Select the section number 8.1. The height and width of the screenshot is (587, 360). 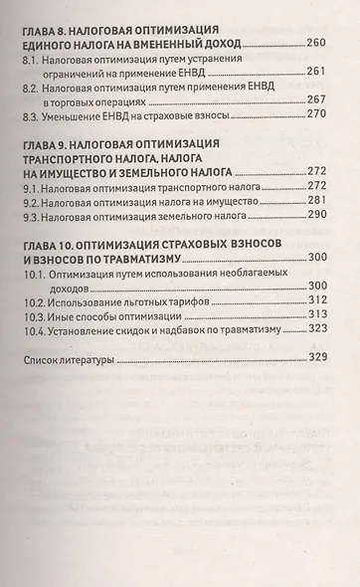(32, 63)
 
